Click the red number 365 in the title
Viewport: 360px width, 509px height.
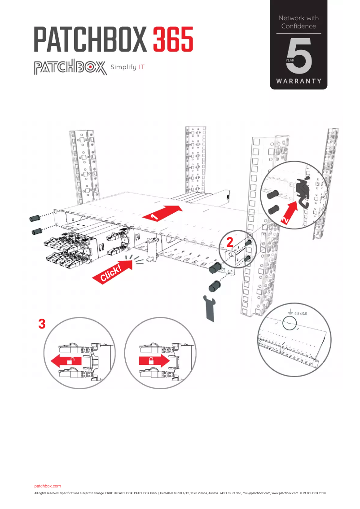click(x=173, y=39)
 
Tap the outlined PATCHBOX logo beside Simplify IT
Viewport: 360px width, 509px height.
click(x=70, y=68)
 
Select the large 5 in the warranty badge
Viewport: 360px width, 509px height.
click(x=299, y=57)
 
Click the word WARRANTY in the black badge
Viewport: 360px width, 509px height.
click(x=299, y=81)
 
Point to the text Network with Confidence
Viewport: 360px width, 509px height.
click(x=299, y=22)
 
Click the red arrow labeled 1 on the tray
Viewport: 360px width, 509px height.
click(x=162, y=212)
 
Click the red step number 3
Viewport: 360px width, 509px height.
click(x=42, y=324)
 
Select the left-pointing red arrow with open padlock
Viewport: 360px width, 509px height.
click(x=65, y=360)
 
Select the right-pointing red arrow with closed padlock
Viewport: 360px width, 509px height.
click(x=153, y=360)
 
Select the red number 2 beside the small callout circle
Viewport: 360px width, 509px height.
click(x=230, y=242)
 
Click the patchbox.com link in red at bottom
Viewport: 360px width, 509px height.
click(x=48, y=486)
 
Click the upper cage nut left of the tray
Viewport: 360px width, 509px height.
click(x=34, y=218)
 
